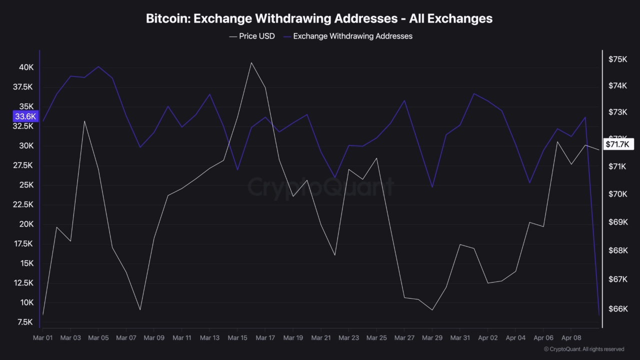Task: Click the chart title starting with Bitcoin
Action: click(319, 18)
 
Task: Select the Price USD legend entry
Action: click(252, 36)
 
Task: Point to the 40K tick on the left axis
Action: click(26, 67)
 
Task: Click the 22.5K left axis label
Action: click(23, 204)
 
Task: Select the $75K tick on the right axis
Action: click(617, 59)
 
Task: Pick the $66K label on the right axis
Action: click(617, 309)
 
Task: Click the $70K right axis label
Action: click(617, 194)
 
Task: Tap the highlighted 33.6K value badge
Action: click(25, 116)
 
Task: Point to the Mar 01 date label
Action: click(42, 338)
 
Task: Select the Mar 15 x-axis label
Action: click(237, 338)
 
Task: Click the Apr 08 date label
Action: click(571, 338)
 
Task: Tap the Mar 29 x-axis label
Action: click(432, 338)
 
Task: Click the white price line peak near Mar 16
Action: click(251, 62)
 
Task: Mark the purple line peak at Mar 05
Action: click(98, 66)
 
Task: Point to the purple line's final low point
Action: click(599, 315)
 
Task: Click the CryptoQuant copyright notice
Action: click(583, 349)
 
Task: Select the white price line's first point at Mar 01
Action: click(43, 314)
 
